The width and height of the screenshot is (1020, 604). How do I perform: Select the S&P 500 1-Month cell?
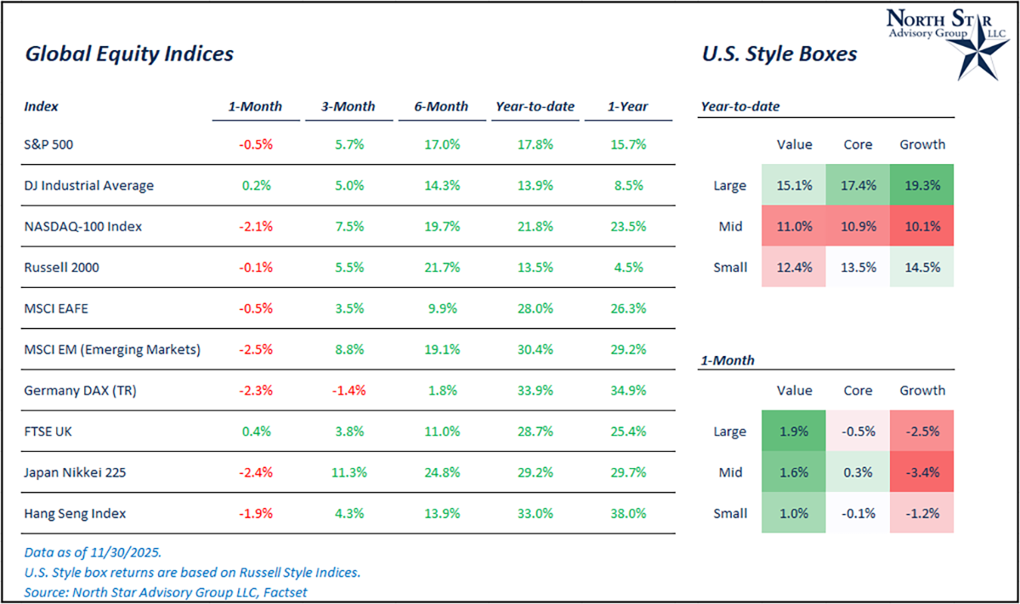tap(255, 144)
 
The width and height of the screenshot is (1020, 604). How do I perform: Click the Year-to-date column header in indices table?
tap(535, 107)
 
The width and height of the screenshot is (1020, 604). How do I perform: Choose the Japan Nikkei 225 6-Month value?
tap(442, 472)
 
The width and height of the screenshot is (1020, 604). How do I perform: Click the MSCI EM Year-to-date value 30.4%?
tap(535, 349)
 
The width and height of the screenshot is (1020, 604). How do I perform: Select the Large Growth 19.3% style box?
tap(922, 185)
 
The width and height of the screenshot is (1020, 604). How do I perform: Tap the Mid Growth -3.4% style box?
tap(922, 472)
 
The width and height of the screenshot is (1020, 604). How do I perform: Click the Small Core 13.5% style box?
tap(858, 268)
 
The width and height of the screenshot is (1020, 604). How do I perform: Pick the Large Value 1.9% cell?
tap(795, 432)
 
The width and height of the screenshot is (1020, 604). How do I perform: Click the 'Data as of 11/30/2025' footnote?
tap(93, 552)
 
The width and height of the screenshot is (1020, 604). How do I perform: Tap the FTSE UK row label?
tap(48, 432)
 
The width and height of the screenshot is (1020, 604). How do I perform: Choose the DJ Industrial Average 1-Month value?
tap(255, 185)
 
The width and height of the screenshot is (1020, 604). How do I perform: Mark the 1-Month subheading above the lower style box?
tap(727, 360)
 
